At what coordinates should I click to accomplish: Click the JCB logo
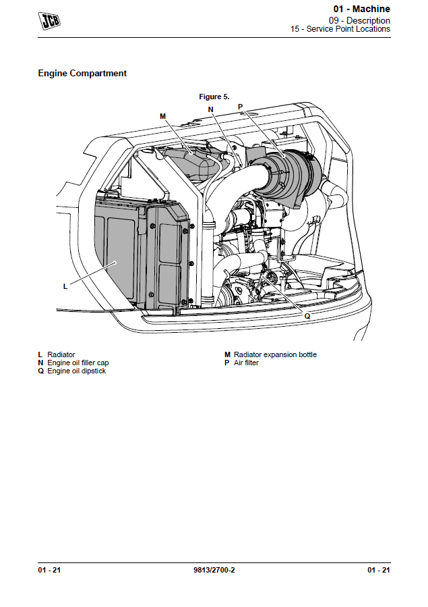pos(49,21)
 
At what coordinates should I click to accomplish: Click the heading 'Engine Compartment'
pos(82,73)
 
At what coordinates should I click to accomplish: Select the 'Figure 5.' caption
pos(214,97)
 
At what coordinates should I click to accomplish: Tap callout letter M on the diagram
pos(162,116)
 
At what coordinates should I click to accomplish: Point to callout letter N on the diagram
pos(210,109)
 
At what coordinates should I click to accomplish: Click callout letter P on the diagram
pos(240,107)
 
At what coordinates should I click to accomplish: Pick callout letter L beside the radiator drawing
pos(65,286)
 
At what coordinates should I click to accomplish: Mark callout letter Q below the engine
pos(307,315)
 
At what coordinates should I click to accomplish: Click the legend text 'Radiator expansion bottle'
pos(275,354)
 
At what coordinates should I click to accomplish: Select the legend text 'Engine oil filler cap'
pos(78,363)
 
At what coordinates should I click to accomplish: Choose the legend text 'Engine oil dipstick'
pos(76,371)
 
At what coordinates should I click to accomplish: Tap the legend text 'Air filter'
pos(246,363)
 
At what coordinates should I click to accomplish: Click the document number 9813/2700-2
pos(214,571)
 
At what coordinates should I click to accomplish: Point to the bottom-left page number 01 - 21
pos(49,571)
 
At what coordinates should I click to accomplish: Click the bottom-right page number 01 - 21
pos(378,571)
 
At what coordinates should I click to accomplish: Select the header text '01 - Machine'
pos(361,9)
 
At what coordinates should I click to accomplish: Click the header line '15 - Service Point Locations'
pos(340,29)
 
